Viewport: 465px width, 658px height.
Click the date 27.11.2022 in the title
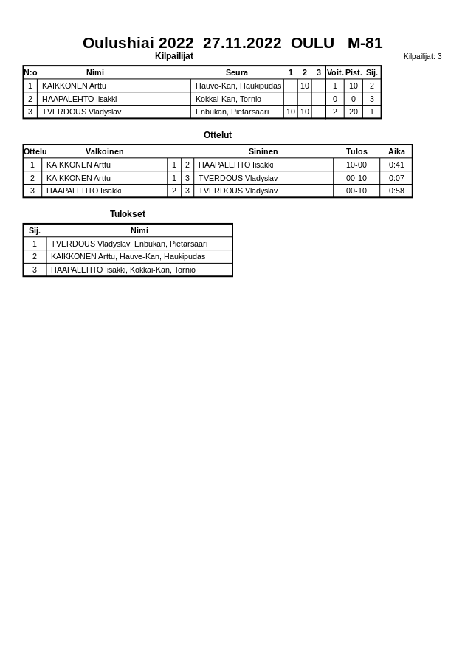point(242,43)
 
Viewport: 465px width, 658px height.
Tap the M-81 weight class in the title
point(365,43)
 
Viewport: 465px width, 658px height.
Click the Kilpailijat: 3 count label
point(422,56)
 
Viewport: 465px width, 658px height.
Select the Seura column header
point(237,72)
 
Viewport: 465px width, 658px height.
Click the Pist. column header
point(354,72)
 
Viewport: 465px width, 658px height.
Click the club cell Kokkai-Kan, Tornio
point(228,99)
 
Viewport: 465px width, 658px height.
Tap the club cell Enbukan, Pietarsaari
point(232,112)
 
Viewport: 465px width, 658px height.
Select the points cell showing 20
point(354,112)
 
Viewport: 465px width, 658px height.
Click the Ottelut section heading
point(218,135)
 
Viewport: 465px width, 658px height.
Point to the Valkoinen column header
point(104,151)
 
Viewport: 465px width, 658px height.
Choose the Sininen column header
point(263,151)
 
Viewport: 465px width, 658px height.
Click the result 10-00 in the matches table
point(356,165)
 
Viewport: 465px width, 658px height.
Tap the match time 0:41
point(396,165)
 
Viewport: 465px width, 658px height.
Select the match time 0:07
point(396,178)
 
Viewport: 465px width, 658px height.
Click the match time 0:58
point(396,191)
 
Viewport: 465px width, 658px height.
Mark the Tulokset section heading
point(128,214)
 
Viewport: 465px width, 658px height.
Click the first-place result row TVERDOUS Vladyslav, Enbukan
point(129,244)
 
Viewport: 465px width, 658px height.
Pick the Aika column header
point(396,151)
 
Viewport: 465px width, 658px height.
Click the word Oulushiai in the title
point(138,43)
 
